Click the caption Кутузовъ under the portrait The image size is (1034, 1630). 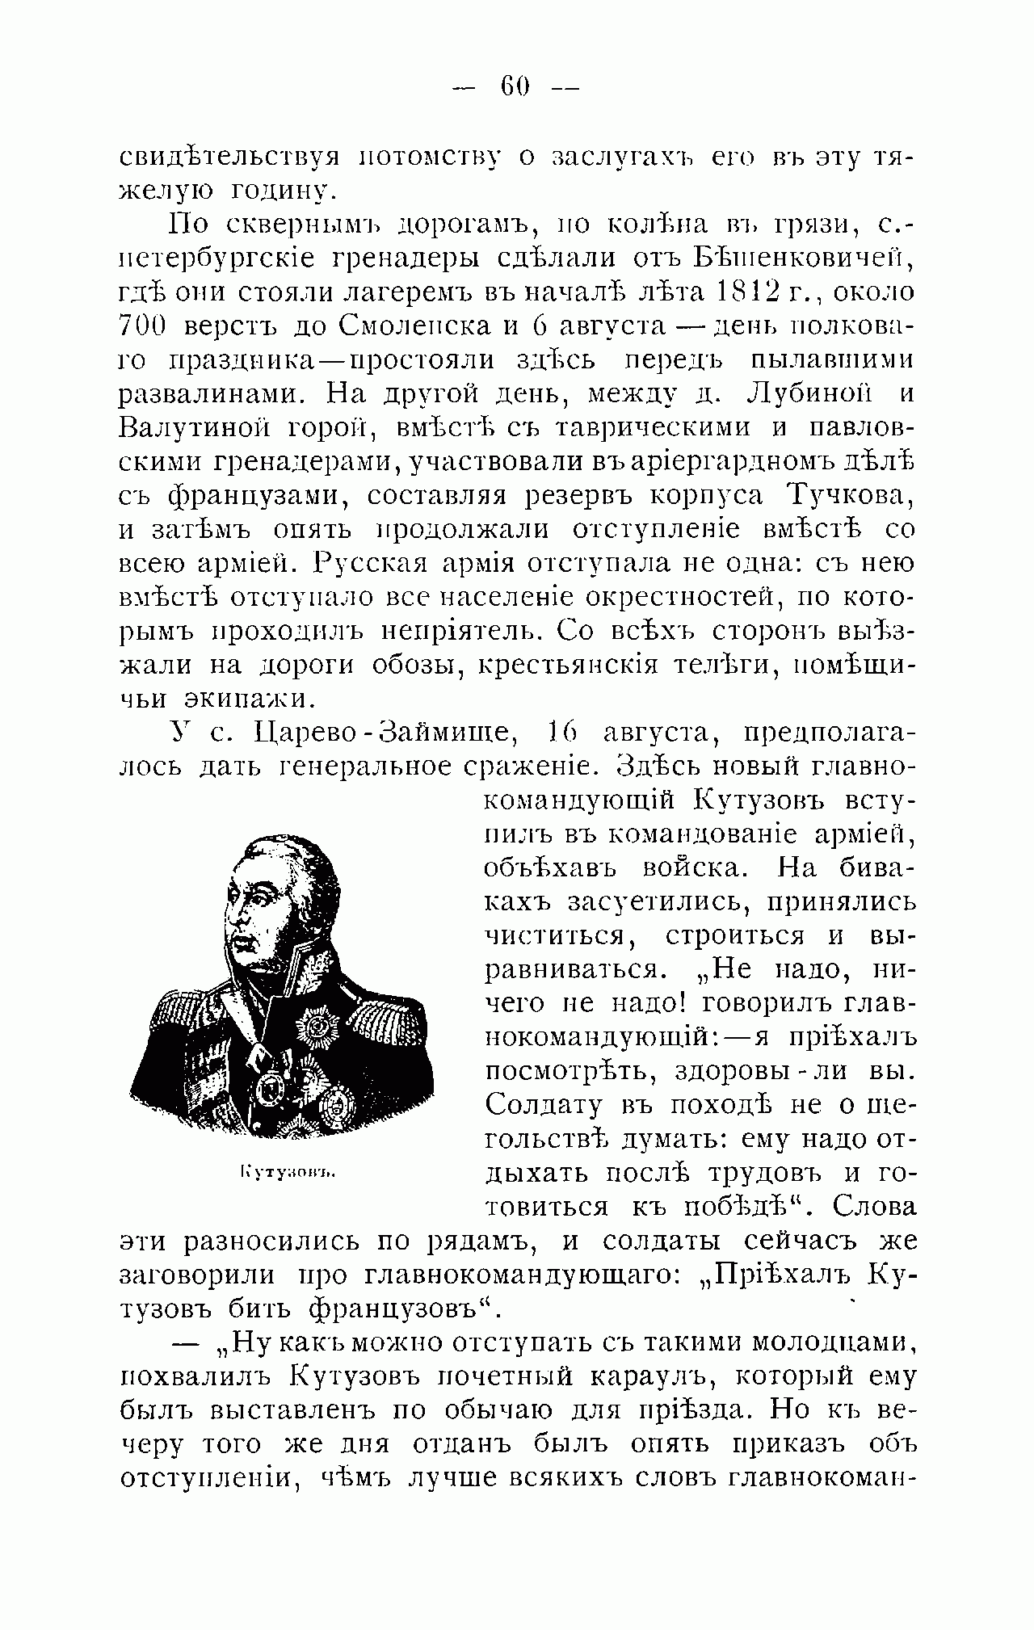click(x=288, y=1173)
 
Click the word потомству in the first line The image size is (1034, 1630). click(x=427, y=157)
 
